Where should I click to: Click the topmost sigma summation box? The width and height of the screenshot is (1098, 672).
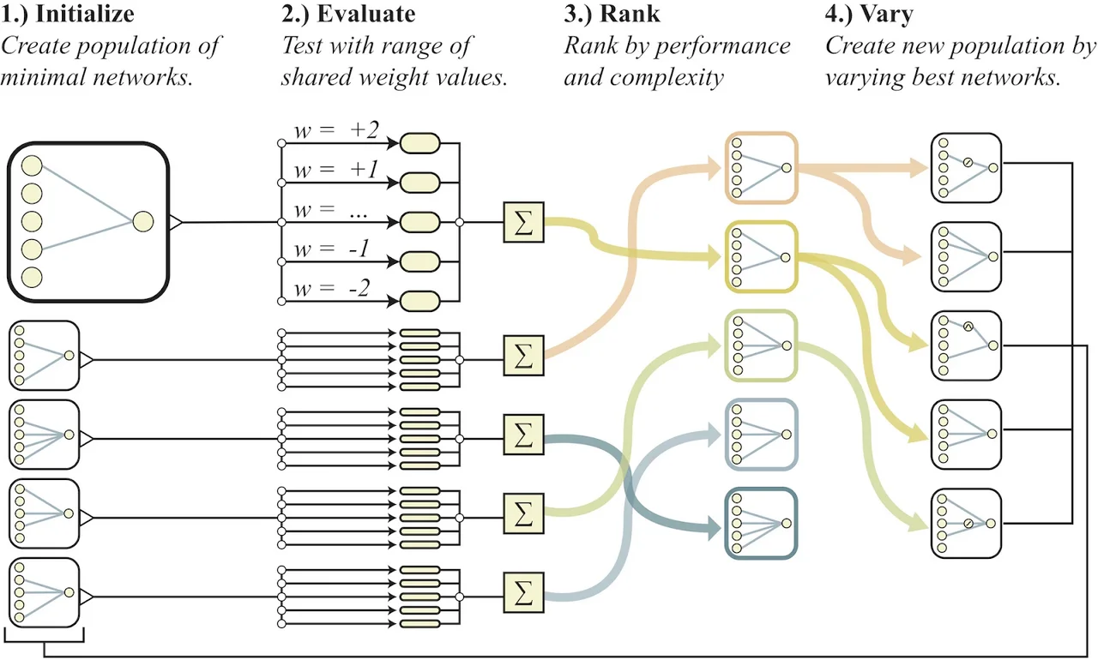[x=523, y=221]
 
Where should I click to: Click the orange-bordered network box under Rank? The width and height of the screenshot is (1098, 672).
[x=762, y=168]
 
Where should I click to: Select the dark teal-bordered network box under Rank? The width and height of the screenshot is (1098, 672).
[x=762, y=523]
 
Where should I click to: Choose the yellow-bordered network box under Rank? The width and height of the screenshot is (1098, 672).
[x=762, y=256]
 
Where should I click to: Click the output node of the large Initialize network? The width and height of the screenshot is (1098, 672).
[x=142, y=222]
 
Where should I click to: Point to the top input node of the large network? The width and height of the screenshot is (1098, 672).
[x=32, y=165]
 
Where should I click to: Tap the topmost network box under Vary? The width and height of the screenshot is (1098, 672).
[x=967, y=168]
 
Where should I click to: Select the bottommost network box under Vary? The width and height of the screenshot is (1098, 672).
[x=967, y=523]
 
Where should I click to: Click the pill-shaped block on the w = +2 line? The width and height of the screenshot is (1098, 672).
[x=420, y=142]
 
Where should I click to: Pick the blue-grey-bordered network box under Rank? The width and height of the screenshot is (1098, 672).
[x=762, y=435]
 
